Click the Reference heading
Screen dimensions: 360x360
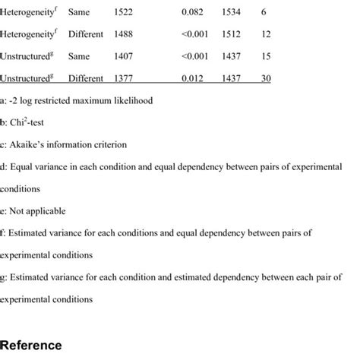coord(33,344)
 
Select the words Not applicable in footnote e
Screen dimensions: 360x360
coord(39,210)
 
